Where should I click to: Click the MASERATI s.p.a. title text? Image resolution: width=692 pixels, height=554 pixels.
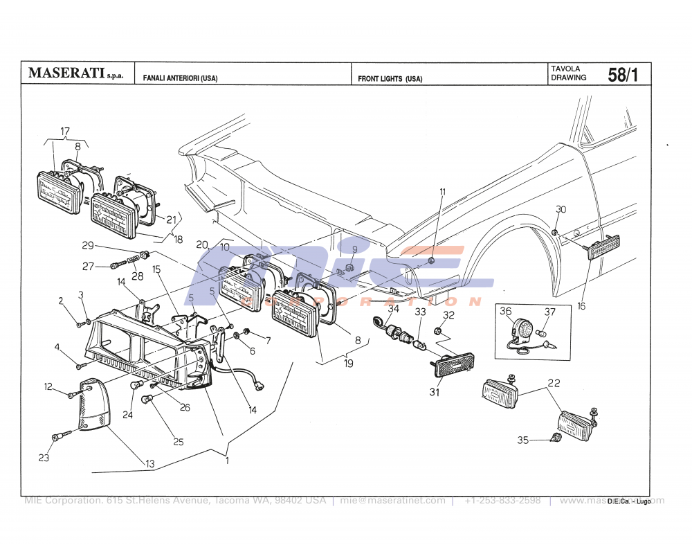[x=75, y=73]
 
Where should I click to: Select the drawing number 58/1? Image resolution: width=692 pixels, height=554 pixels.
[x=622, y=75]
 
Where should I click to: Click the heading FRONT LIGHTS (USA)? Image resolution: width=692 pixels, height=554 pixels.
[x=390, y=79]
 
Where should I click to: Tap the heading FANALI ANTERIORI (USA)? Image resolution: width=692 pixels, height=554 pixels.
[x=180, y=79]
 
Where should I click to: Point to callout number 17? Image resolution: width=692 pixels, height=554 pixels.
[x=65, y=132]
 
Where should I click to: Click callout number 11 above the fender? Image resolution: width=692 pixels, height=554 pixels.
[x=442, y=191]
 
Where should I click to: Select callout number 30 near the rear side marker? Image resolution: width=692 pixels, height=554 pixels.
[x=561, y=209]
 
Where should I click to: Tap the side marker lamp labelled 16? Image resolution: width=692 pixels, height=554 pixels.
[x=603, y=247]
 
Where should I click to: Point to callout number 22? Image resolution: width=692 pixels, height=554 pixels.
[x=554, y=383]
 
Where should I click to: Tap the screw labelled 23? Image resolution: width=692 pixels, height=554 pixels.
[x=61, y=437]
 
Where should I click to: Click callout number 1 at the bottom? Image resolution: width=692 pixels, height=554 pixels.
[x=227, y=458]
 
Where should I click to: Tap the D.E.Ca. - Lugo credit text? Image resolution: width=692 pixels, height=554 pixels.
[x=629, y=501]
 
